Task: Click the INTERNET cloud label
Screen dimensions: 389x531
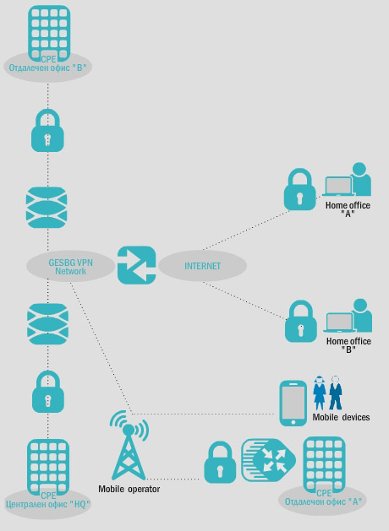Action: pyautogui.click(x=202, y=266)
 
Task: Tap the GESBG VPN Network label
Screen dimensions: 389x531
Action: pyautogui.click(x=70, y=267)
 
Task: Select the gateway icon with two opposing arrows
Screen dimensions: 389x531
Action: pyautogui.click(x=137, y=265)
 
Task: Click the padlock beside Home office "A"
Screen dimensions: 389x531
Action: pyautogui.click(x=300, y=189)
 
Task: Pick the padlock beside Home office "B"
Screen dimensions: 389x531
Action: pyautogui.click(x=301, y=321)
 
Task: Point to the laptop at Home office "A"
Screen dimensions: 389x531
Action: pyautogui.click(x=338, y=187)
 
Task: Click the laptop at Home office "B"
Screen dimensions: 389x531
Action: pyautogui.click(x=339, y=322)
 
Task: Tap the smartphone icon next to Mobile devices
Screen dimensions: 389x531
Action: pyautogui.click(x=293, y=403)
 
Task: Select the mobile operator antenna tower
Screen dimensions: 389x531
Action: pyautogui.click(x=129, y=445)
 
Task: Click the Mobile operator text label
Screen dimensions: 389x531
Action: pyautogui.click(x=129, y=489)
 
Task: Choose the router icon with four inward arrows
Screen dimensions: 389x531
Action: pyautogui.click(x=268, y=460)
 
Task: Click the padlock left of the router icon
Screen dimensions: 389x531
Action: pyautogui.click(x=220, y=463)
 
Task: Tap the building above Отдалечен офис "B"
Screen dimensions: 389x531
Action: pyautogui.click(x=49, y=33)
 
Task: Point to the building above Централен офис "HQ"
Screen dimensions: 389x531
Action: pyautogui.click(x=48, y=468)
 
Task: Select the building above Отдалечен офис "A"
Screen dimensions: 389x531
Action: pyautogui.click(x=324, y=464)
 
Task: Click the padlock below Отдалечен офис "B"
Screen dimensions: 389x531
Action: pyautogui.click(x=47, y=130)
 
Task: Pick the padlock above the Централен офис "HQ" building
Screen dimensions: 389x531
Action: pyautogui.click(x=48, y=392)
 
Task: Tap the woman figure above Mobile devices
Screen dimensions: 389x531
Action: pyautogui.click(x=319, y=393)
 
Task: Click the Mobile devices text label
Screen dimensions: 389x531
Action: pyautogui.click(x=341, y=417)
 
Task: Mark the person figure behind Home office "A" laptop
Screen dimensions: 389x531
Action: pyautogui.click(x=360, y=179)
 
